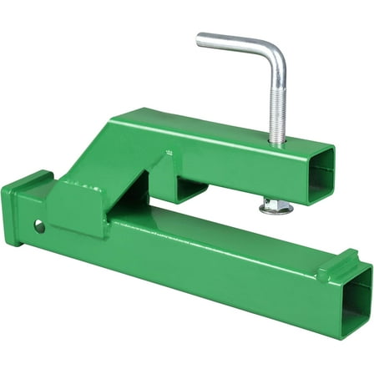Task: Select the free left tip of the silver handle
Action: tap(201, 38)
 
